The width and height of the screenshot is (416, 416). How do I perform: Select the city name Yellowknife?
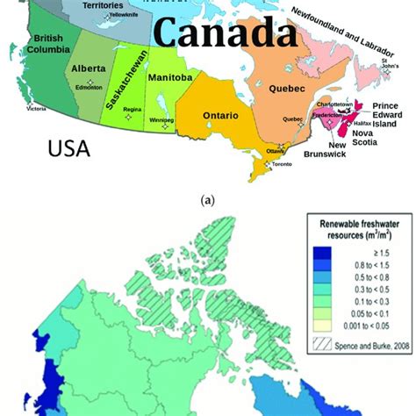tap(126, 15)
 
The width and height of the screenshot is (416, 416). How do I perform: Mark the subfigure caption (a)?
tap(207, 199)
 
